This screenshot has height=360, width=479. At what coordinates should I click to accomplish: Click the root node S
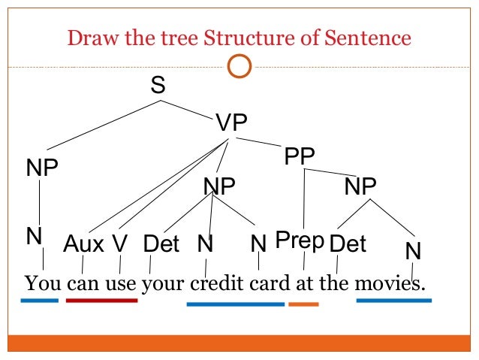158,86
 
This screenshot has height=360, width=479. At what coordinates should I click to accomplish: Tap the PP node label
300,157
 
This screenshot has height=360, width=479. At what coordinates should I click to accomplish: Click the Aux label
84,244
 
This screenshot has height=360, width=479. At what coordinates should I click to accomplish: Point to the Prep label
300,241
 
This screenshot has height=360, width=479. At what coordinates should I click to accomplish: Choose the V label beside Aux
120,244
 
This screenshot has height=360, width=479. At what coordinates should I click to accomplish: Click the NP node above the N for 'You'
42,168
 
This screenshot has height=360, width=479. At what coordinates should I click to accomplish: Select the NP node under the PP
360,186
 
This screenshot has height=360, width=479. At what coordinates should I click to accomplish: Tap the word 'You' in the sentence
43,285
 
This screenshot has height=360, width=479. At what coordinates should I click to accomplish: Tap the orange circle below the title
239,67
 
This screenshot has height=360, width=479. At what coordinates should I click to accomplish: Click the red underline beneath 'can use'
101,301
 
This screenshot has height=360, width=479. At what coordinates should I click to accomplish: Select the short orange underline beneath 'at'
303,304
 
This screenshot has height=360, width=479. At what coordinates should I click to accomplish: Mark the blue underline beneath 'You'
39,301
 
